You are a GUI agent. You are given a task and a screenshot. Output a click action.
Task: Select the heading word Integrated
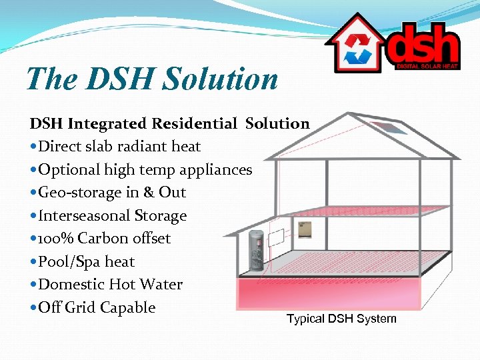tap(109, 123)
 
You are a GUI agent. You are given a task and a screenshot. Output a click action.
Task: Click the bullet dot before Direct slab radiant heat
tap(33, 147)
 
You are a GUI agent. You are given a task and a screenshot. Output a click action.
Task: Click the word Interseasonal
tap(84, 216)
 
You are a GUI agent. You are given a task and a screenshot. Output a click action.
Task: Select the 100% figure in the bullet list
tap(55, 239)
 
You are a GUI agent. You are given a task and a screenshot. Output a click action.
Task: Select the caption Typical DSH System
tap(341, 319)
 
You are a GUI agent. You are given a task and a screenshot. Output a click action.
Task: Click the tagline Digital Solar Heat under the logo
tap(427, 65)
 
